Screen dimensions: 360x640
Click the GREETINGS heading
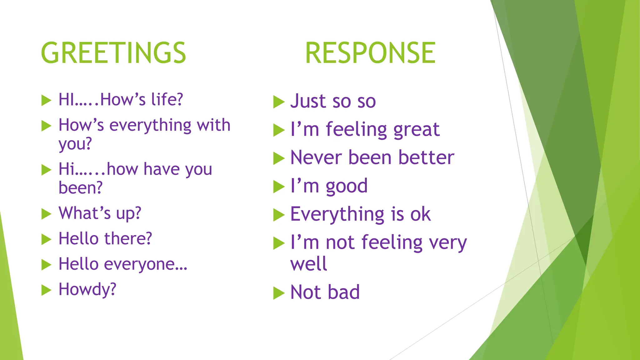click(x=113, y=53)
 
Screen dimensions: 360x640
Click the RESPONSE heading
click(x=370, y=53)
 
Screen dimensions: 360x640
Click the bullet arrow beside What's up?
click(x=46, y=214)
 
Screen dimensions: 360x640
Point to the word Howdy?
click(x=87, y=289)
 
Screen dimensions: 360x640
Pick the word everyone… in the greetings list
click(x=146, y=264)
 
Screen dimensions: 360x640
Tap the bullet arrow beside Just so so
click(x=279, y=102)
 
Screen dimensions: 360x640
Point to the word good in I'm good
click(x=347, y=186)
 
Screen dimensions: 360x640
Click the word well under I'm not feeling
click(x=308, y=264)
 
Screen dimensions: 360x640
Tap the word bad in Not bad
click(x=344, y=292)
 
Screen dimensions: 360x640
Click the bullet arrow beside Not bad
click(x=279, y=293)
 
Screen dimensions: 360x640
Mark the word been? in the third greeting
click(x=81, y=188)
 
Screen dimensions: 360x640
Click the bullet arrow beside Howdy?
click(x=46, y=290)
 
